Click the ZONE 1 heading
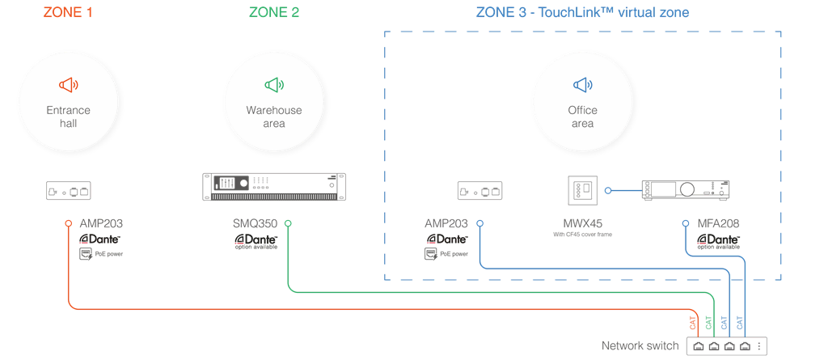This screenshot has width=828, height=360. [x=70, y=13]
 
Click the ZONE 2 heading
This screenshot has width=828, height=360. [x=274, y=13]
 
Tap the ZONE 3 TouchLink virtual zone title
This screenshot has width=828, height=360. [x=582, y=13]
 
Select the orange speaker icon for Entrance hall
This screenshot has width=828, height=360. [x=69, y=85]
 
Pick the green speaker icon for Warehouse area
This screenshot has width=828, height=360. [x=274, y=85]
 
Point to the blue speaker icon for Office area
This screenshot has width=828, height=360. [x=582, y=85]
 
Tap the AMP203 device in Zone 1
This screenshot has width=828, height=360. [x=69, y=192]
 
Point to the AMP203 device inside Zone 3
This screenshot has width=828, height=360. [x=479, y=192]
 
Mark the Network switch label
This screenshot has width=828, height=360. [x=640, y=346]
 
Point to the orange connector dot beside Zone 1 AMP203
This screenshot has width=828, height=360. [x=69, y=223]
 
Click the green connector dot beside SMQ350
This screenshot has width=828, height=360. [x=289, y=223]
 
